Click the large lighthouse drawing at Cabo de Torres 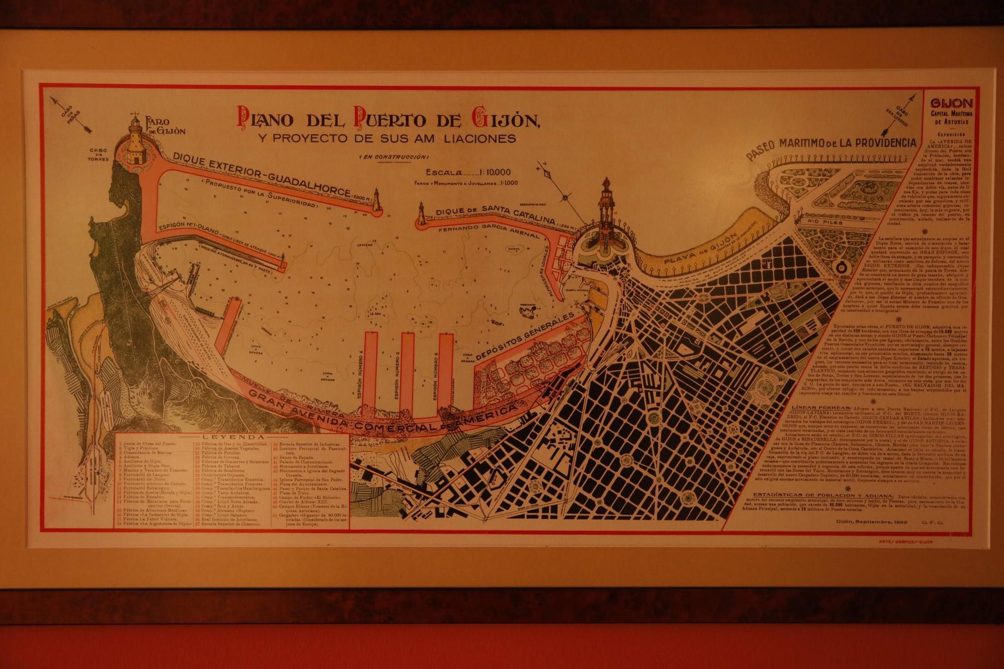click(135, 142)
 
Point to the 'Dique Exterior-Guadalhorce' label click(261, 176)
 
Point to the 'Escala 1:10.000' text click(468, 172)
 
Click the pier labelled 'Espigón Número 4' click(370, 371)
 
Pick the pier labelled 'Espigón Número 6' click(445, 371)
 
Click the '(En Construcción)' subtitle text click(393, 157)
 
